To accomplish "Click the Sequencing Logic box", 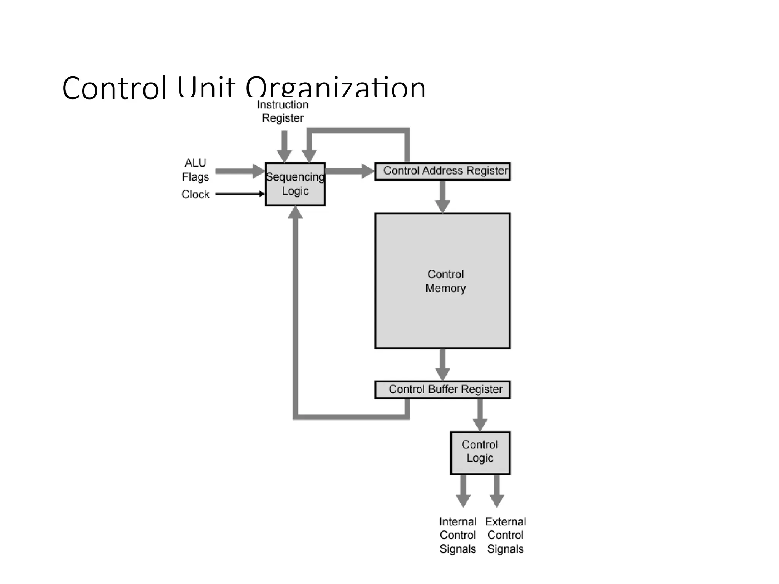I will click(295, 184).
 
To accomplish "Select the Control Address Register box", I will click(442, 171).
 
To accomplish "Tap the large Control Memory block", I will click(442, 281).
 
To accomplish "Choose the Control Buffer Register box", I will click(442, 390).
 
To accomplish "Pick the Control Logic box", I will click(480, 452).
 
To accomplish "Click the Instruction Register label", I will click(283, 111).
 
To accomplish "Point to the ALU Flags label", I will click(196, 170).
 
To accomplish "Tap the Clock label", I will click(196, 194).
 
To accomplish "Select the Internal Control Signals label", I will click(458, 535).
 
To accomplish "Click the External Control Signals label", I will click(506, 535).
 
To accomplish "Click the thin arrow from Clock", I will click(240, 194).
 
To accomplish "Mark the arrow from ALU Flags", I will click(240, 171).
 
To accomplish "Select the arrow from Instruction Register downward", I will click(284, 146).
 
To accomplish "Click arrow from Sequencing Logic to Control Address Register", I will click(349, 171).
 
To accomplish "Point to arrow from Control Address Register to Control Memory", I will click(442, 196).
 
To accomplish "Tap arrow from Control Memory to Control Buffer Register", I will click(442, 364).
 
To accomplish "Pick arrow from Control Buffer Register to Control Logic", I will click(480, 415).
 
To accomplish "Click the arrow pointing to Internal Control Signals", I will click(463, 490).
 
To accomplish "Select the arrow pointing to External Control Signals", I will click(497, 490).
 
